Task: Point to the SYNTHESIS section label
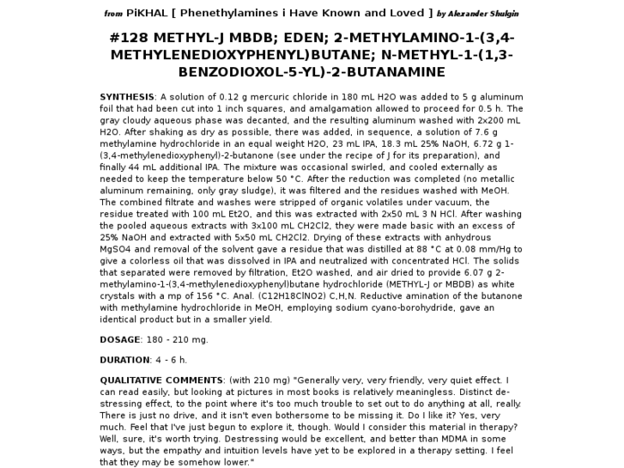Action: pos(127,97)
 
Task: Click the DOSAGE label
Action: pos(119,339)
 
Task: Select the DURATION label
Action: pos(124,360)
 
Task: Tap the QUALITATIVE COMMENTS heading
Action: pos(161,380)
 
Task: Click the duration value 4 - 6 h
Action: pos(171,360)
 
